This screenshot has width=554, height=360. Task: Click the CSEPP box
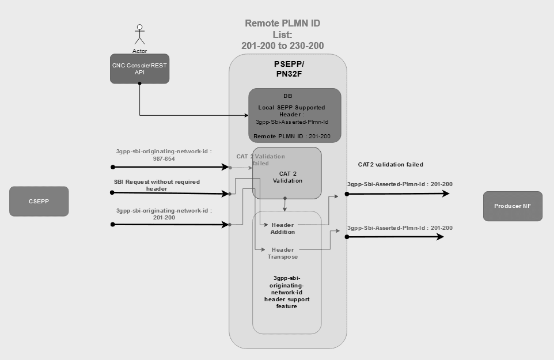click(39, 201)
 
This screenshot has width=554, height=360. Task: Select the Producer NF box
click(513, 206)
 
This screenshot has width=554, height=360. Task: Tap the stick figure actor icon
click(138, 35)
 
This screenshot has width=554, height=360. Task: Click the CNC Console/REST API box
click(139, 69)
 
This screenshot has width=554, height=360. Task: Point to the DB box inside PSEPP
click(295, 115)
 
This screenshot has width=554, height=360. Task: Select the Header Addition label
click(283, 228)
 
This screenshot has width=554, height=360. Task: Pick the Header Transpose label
click(283, 253)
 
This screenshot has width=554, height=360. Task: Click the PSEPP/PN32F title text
click(288, 69)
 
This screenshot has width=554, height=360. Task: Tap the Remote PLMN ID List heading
click(282, 34)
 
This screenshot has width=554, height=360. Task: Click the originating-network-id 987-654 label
click(164, 154)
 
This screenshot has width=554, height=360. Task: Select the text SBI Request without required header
click(157, 184)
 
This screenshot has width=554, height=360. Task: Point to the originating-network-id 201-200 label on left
click(164, 214)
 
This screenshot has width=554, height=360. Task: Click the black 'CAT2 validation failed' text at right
click(390, 165)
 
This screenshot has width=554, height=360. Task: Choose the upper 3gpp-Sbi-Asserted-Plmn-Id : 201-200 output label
click(400, 184)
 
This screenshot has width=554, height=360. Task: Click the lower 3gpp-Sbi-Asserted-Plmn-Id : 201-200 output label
click(400, 228)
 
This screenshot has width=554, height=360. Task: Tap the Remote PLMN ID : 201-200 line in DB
click(292, 136)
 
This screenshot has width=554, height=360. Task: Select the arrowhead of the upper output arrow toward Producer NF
click(445, 194)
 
